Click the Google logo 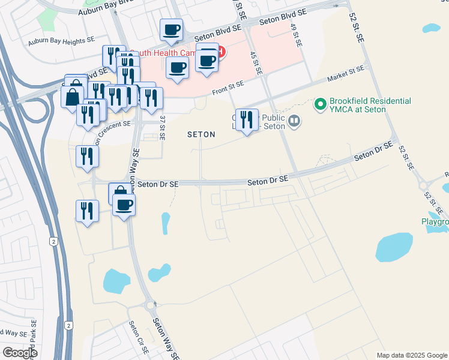(x=20, y=353)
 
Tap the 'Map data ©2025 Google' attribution (x=412, y=355)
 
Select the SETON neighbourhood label (x=201, y=135)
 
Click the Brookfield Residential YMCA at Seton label (x=370, y=105)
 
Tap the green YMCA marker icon (x=321, y=105)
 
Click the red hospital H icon (x=220, y=52)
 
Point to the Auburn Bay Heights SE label (x=61, y=42)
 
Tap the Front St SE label (x=228, y=88)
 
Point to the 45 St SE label (x=256, y=63)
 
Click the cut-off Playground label (x=434, y=222)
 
